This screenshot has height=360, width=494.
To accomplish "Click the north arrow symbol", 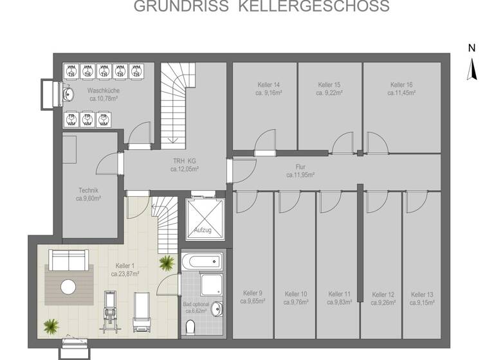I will click(x=472, y=67).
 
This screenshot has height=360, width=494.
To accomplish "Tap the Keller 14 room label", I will click(x=268, y=85).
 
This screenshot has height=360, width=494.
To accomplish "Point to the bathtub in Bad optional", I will click(x=201, y=261).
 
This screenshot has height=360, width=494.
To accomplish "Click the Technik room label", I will click(x=88, y=190).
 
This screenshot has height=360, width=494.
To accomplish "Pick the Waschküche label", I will click(x=104, y=91).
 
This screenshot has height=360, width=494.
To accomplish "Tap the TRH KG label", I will click(x=184, y=161).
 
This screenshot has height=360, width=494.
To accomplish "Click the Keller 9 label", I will click(x=253, y=292).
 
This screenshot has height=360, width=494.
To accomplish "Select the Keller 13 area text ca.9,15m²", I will click(x=421, y=301).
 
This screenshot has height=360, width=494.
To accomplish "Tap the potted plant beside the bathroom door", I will click(x=167, y=263).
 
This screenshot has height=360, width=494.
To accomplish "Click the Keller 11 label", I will click(x=339, y=292).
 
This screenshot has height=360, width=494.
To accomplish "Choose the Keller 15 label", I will click(x=329, y=85).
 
